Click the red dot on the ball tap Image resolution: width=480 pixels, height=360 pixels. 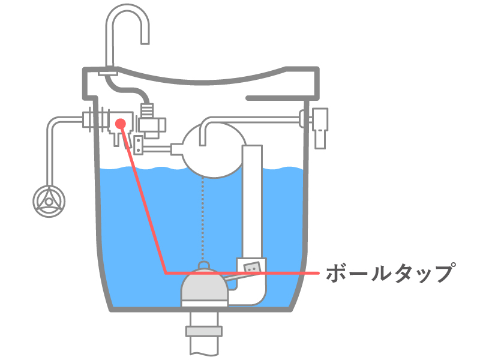point(121,124)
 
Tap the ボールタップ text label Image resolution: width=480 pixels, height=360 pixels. point(389,273)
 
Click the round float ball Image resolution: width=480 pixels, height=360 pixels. point(214,150)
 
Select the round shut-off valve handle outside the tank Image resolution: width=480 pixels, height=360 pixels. point(49,202)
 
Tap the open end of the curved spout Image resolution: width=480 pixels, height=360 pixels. point(145,43)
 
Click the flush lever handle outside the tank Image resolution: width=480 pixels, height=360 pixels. point(320,128)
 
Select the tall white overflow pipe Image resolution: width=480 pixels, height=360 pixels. point(252,202)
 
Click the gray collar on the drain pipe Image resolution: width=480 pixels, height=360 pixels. point(203,331)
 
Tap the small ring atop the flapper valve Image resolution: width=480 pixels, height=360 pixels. point(204,265)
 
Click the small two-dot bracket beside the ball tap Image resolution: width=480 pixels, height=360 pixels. point(139,145)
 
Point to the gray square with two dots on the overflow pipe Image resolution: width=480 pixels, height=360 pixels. point(252,268)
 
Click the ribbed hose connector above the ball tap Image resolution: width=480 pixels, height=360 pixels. point(147,110)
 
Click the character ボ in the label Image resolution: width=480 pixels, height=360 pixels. point(337,273)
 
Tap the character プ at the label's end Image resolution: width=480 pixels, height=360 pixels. point(443,272)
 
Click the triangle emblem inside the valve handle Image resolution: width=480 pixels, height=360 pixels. point(49,202)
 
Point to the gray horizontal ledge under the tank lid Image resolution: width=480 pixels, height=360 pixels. point(281,98)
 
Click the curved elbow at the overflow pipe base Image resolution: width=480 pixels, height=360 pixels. point(251,293)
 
